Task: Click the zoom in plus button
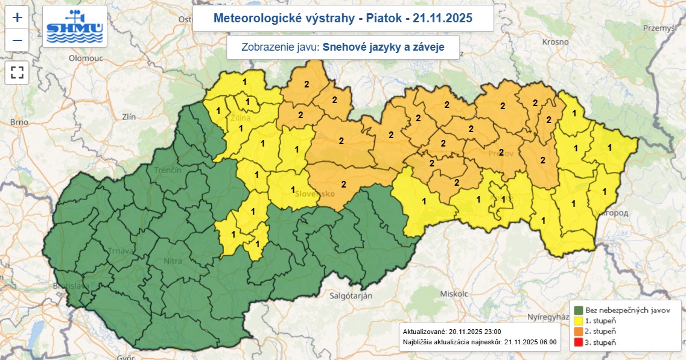17,17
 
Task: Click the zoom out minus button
17,40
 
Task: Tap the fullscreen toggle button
17,73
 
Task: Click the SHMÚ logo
75,27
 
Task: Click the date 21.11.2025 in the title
442,19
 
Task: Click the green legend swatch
577,309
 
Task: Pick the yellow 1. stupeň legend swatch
577,320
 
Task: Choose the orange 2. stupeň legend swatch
577,331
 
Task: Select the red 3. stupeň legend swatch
577,342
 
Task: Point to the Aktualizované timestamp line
452,332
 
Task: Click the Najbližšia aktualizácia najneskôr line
479,342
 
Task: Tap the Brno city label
19,122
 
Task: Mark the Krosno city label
555,42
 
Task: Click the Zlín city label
129,116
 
